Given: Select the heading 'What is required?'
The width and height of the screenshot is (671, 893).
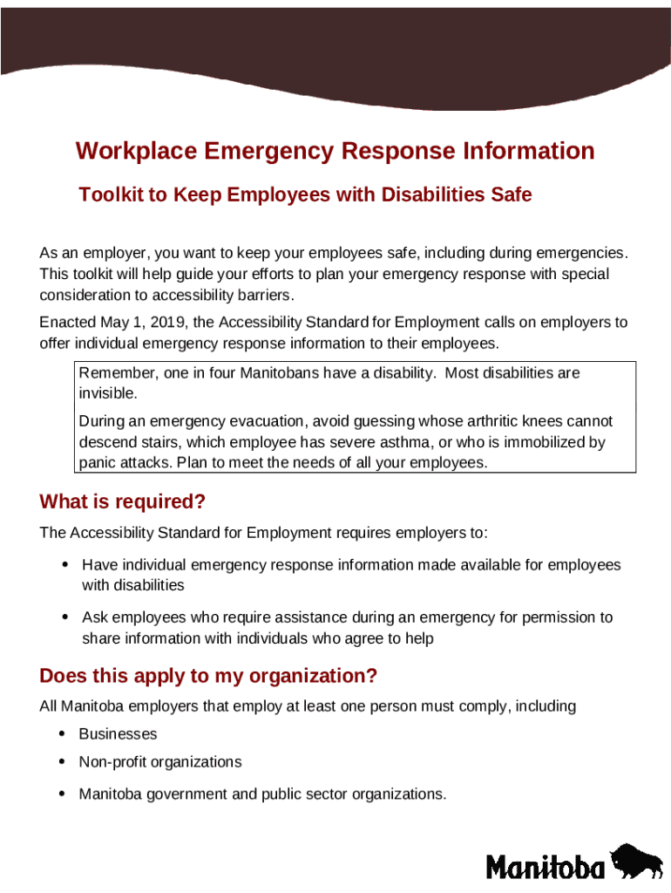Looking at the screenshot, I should click(122, 503).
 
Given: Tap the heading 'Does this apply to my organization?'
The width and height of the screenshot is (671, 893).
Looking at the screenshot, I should click(208, 677).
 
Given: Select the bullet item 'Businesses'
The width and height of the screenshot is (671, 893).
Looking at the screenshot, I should click(118, 734).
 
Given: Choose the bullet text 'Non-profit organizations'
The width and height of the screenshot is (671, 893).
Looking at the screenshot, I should click(160, 762).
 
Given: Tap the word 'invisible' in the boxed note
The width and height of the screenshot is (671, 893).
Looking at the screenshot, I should click(106, 393).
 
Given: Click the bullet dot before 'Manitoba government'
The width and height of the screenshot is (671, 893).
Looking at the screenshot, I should click(63, 794).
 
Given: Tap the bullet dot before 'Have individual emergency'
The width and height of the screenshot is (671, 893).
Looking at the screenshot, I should click(65, 564).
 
